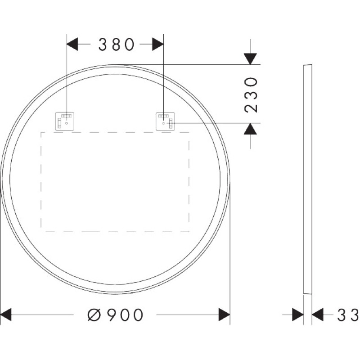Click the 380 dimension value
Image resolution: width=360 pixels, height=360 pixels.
pyautogui.click(x=117, y=44)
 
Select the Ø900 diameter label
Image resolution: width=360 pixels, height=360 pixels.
pyautogui.click(x=116, y=315)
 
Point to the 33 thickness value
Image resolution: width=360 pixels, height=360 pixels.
pyautogui.click(x=348, y=315)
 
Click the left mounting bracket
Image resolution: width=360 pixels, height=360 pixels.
pyautogui.click(x=64, y=121)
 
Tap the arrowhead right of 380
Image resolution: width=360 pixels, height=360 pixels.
pyautogui.click(x=157, y=44)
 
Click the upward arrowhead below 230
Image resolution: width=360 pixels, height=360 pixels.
pyautogui.click(x=250, y=129)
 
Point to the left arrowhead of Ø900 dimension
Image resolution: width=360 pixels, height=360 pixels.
pyautogui.click(x=6, y=315)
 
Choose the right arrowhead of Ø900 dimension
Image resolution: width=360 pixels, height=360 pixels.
pyautogui.click(x=224, y=315)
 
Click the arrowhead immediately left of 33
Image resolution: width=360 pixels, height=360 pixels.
pyautogui.click(x=318, y=315)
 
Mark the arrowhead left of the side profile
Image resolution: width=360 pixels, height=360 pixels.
pyautogui.click(x=298, y=315)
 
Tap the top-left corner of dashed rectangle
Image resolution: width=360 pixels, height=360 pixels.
pyautogui.click(x=41, y=132)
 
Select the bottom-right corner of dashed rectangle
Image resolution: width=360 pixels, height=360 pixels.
pyautogui.click(x=189, y=232)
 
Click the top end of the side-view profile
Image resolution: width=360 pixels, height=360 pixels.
pyautogui.click(x=307, y=66)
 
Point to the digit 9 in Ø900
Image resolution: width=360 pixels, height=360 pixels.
pyautogui.click(x=109, y=315)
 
